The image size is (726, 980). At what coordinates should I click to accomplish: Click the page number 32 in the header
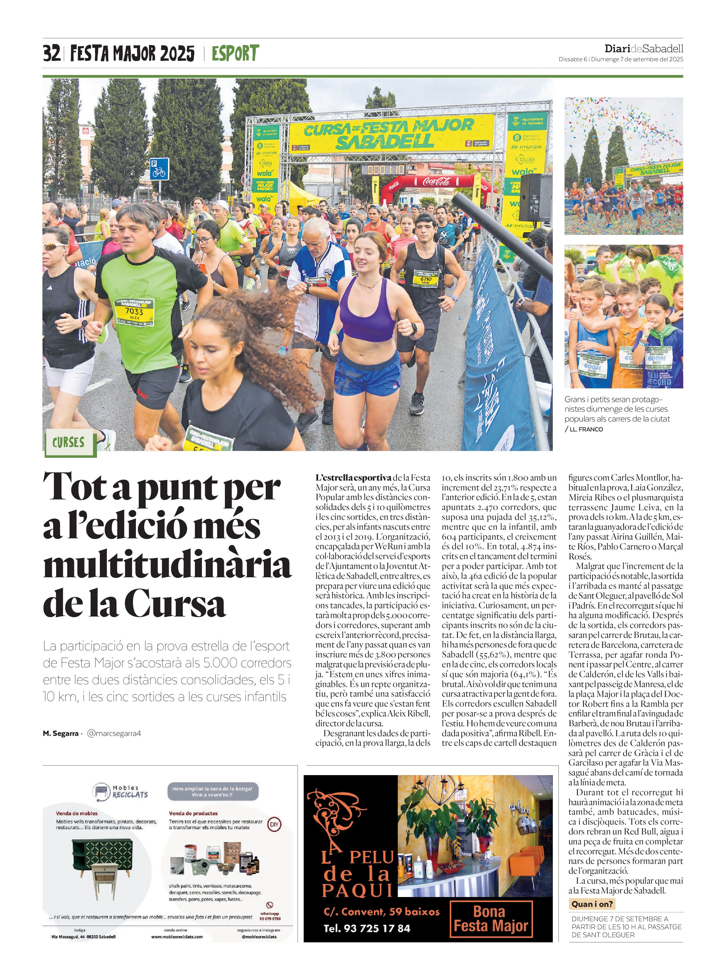click(51, 54)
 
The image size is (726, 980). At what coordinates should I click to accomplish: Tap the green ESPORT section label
click(235, 54)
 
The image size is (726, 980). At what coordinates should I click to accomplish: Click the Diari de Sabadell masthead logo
click(643, 49)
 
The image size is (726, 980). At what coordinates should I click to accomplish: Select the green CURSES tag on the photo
click(69, 442)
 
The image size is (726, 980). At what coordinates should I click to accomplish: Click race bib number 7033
click(134, 311)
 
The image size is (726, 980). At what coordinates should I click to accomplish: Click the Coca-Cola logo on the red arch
click(436, 181)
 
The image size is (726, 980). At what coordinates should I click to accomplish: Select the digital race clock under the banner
click(383, 170)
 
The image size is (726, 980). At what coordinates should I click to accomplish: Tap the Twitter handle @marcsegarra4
click(114, 733)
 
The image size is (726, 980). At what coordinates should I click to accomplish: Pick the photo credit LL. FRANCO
click(586, 429)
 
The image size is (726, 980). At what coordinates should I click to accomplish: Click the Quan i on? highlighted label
click(591, 904)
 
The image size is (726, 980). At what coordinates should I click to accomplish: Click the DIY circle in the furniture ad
click(274, 824)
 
